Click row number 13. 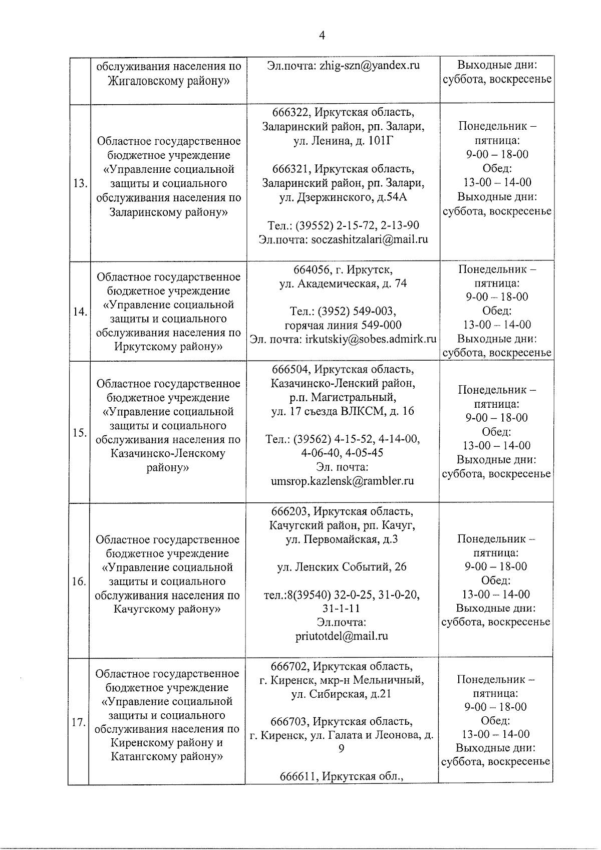tap(79, 183)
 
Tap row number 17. tap(78, 723)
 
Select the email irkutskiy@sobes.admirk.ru tap(370, 339)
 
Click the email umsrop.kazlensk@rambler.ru tap(342, 481)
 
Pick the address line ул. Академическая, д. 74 tap(343, 284)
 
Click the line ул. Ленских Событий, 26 tap(342, 567)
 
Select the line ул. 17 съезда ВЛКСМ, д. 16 tap(343, 411)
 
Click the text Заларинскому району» tap(168, 212)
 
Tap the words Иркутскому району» tap(168, 347)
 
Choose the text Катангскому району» tap(167, 756)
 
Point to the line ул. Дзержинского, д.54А tap(343, 197)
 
